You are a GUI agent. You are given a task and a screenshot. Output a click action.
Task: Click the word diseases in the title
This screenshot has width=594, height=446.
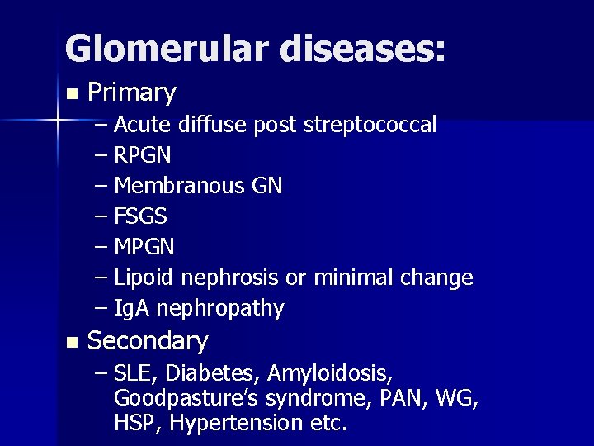click(x=360, y=49)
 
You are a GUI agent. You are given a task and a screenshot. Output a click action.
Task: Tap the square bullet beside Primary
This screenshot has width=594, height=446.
click(x=72, y=93)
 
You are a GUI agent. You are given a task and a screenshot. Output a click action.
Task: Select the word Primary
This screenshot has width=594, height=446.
click(x=131, y=93)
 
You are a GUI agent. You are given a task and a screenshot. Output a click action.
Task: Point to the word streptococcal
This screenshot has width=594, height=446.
click(x=370, y=126)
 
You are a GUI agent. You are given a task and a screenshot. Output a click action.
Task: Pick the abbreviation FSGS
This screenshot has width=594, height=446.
click(x=141, y=217)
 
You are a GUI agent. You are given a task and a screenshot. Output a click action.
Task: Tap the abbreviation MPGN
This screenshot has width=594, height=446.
click(x=144, y=248)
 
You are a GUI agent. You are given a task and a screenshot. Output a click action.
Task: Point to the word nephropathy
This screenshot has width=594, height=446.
click(x=219, y=309)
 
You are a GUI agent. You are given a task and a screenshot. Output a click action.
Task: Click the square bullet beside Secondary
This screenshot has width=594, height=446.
click(x=72, y=341)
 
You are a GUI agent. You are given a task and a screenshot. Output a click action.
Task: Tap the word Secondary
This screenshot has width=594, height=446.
click(x=148, y=341)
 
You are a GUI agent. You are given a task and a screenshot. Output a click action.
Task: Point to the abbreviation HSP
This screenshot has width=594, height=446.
click(x=134, y=423)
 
